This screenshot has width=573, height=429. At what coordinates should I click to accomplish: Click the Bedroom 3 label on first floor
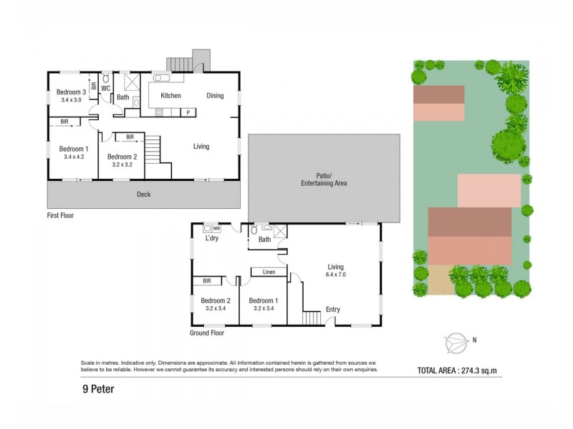click(72, 92)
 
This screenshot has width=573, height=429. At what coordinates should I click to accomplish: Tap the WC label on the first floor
click(105, 89)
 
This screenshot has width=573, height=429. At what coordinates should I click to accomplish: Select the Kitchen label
click(170, 96)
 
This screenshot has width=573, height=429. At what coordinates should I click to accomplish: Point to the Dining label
click(215, 96)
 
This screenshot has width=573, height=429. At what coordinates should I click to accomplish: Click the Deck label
click(144, 194)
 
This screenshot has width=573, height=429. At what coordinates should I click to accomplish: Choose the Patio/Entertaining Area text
click(324, 179)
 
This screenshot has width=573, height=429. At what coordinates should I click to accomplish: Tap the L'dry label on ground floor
click(212, 239)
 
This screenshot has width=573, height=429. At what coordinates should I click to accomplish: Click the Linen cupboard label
click(269, 272)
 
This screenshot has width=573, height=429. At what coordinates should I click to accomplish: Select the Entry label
click(333, 310)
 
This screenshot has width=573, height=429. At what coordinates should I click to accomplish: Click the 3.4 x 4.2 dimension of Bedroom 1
click(74, 157)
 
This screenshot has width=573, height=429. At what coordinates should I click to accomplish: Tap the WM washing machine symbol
click(216, 228)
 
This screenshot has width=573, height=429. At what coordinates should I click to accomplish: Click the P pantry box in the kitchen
click(188, 112)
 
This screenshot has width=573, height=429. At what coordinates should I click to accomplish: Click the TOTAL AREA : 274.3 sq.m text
click(457, 370)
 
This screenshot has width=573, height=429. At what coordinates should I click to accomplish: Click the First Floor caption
click(60, 215)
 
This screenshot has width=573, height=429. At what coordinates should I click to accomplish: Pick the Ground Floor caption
click(207, 333)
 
